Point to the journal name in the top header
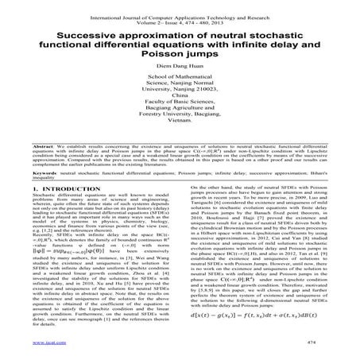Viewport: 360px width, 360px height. coord(180,6)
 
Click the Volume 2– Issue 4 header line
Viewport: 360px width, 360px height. coord(180,14)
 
